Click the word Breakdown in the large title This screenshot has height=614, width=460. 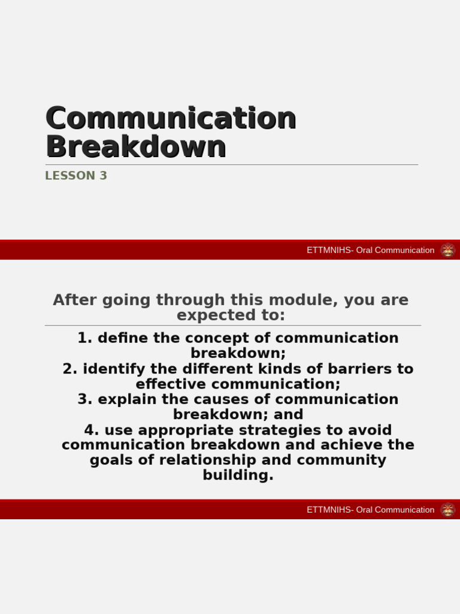click(136, 147)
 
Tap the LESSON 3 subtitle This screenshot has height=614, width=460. click(76, 176)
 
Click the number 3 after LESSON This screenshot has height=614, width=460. click(103, 176)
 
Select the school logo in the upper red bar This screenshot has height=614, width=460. click(447, 250)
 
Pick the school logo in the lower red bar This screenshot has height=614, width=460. click(447, 510)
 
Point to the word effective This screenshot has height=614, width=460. click(168, 384)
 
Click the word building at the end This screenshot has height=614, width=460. click(237, 475)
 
